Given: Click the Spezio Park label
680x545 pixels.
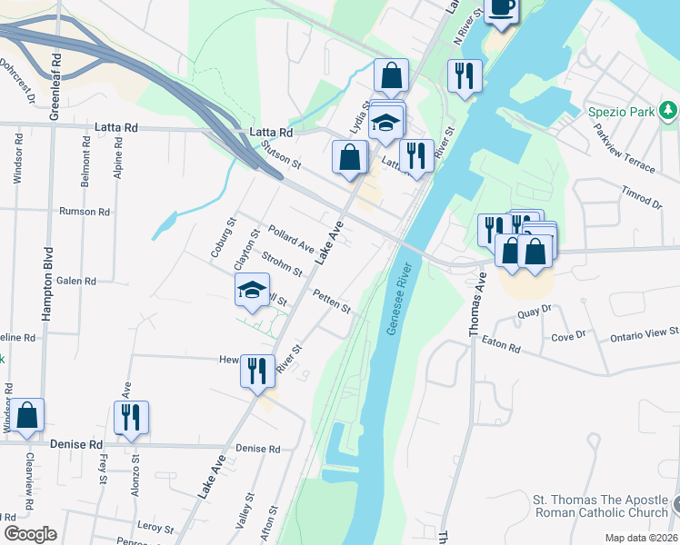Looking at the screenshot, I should (x=618, y=112).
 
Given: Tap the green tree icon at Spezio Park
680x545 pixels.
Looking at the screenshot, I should (x=669, y=111).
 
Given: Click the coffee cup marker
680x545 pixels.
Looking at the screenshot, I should (x=501, y=7).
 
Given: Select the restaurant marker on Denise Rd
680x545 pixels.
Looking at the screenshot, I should (x=131, y=417).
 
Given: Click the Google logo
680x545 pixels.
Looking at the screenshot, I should (x=30, y=533).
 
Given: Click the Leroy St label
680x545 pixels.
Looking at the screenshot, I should (x=155, y=528).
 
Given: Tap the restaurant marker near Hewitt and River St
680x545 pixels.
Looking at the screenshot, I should (x=257, y=371).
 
